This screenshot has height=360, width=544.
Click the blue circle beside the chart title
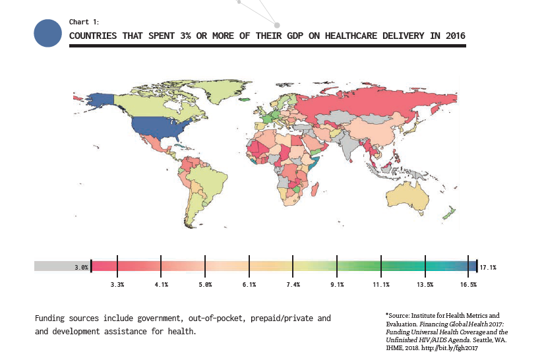pos(47,33)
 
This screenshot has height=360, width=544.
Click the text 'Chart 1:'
pos(84,22)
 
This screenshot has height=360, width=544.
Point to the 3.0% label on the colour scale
pos(81,267)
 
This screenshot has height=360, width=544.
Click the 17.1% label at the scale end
pos(488,267)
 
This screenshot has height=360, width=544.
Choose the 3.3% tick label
pos(117,285)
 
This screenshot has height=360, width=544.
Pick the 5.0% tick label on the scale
pos(205,285)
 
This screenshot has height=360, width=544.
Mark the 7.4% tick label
pos(293,285)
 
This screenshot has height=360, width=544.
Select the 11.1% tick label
pos(381,285)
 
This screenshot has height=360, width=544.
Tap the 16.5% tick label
pos(469,285)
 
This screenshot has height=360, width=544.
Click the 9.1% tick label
pos(337,285)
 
